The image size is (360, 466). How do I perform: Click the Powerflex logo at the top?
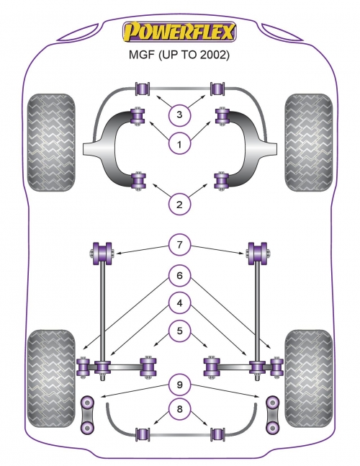179,31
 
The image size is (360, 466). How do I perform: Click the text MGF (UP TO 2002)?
179,55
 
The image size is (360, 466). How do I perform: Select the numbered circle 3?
179,115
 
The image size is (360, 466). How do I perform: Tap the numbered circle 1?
179,145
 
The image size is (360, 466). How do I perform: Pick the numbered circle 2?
179,205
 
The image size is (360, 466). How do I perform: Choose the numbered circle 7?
179,245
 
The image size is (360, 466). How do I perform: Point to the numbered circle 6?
179,276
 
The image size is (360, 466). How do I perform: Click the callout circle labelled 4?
179,303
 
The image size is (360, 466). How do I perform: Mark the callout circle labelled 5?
179,331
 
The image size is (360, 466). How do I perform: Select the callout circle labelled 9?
179,385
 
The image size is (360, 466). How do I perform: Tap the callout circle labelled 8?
179,409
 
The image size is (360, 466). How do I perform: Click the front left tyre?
51,143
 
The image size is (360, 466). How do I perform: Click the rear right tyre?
309,378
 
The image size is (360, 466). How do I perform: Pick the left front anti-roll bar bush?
143,89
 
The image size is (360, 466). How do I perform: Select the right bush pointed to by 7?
258,254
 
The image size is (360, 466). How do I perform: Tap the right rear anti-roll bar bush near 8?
217,434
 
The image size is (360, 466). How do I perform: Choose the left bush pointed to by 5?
148,367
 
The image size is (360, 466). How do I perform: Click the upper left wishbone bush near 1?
138,116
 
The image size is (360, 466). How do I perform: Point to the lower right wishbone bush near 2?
221,181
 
